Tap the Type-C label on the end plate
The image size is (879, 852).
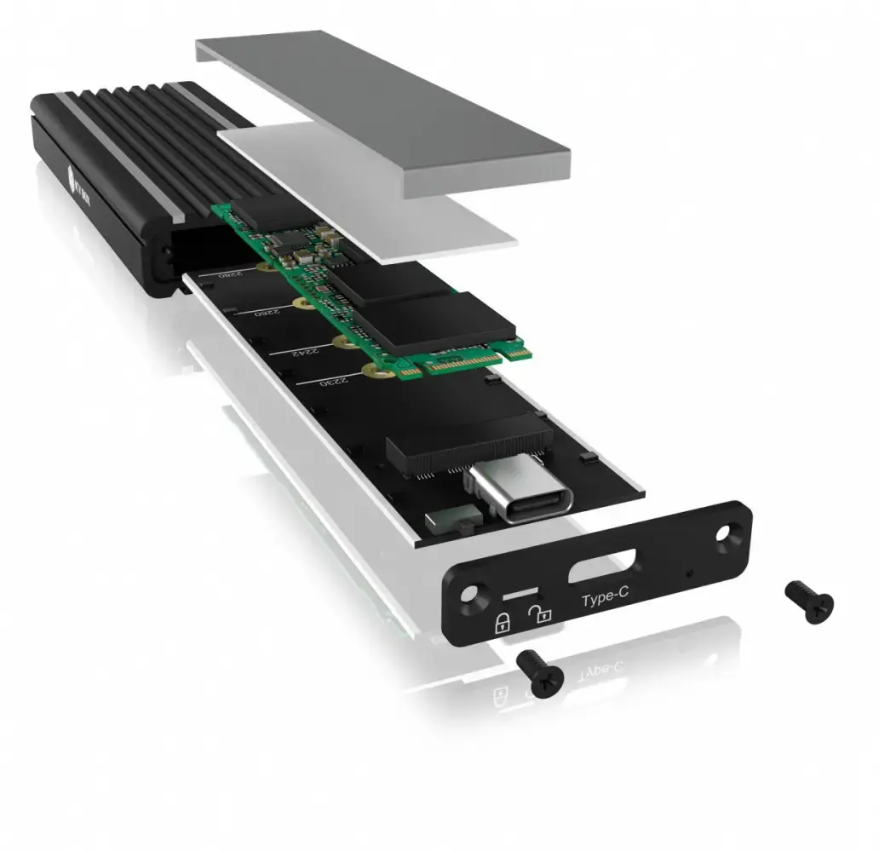605,598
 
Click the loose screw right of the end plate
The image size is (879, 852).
808,602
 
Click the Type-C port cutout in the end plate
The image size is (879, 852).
601,564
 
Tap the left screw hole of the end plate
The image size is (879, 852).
471,593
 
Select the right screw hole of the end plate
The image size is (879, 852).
727,533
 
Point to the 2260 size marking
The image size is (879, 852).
266,313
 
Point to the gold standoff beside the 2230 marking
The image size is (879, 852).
371,368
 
